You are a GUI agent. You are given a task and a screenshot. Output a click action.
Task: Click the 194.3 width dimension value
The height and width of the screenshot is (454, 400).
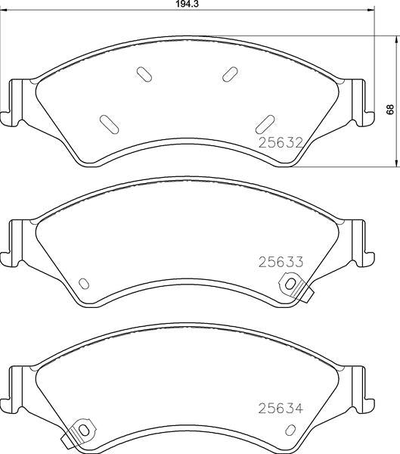click(x=188, y=4)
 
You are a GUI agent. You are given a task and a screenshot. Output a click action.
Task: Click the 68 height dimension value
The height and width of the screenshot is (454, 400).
click(x=391, y=110)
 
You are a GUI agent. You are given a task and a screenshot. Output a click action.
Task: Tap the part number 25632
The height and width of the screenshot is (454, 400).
click(x=281, y=143)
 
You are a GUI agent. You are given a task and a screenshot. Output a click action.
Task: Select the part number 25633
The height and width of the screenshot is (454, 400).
click(x=281, y=262)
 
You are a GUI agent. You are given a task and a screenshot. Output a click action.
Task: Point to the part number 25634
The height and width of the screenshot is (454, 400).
click(x=281, y=409)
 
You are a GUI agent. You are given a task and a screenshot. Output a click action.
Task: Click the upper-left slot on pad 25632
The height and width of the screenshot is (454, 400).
click(x=144, y=75)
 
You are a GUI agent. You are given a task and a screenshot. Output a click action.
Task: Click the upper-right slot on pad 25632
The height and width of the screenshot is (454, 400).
click(x=230, y=74)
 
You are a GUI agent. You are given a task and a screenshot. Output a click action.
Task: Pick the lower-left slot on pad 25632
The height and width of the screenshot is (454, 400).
click(x=109, y=125)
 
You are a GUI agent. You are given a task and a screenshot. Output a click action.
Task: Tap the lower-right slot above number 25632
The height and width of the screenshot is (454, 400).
click(x=265, y=124)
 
